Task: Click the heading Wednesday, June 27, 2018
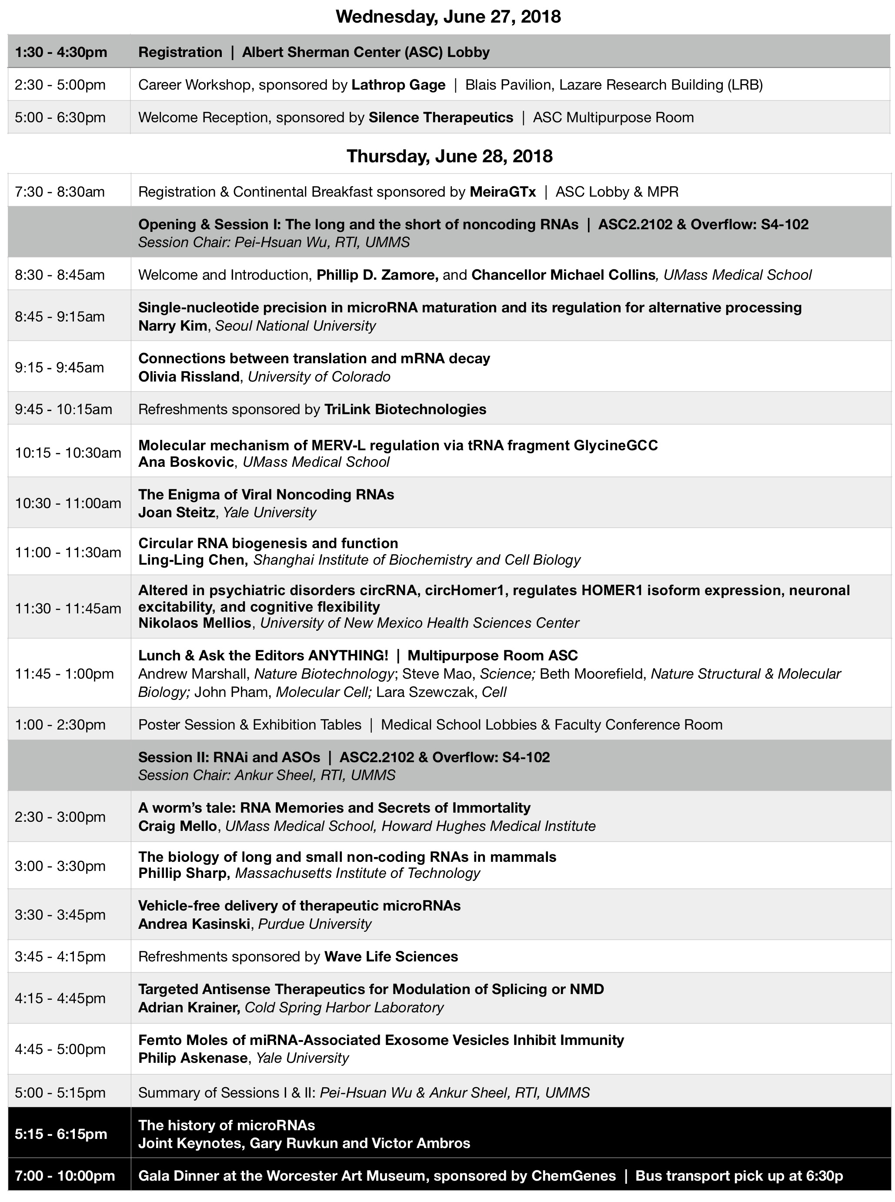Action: click(448, 17)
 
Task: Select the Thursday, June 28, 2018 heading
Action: click(449, 156)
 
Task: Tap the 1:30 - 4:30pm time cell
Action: click(61, 52)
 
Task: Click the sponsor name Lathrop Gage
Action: click(398, 85)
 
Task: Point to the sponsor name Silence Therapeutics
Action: click(441, 117)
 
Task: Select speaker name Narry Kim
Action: click(172, 326)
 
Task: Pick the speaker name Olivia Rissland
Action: click(189, 377)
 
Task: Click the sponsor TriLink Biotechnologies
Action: click(405, 409)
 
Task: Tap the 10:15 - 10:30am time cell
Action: click(68, 453)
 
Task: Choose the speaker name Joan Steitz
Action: click(176, 512)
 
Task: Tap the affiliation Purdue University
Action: click(314, 924)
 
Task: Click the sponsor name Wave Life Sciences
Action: click(391, 957)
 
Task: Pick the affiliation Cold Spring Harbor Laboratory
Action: click(344, 1008)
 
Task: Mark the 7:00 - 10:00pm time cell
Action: click(64, 1176)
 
